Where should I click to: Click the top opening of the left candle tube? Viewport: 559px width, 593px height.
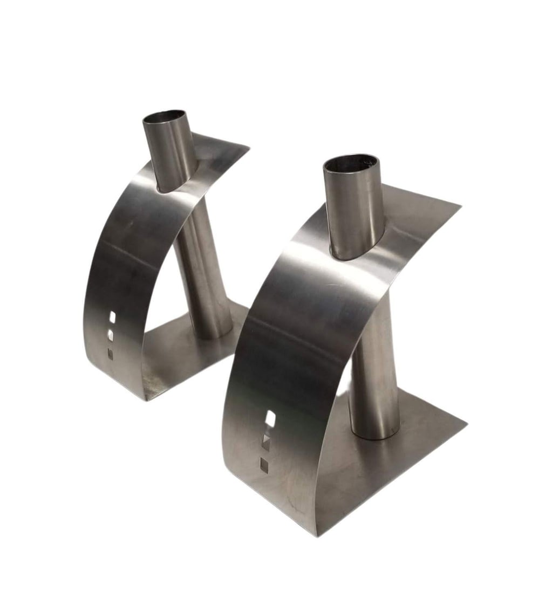point(166,118)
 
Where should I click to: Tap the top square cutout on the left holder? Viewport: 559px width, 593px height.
point(113,316)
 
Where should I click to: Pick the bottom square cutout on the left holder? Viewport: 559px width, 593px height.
point(111,354)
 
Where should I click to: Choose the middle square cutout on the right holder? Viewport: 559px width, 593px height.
point(266,441)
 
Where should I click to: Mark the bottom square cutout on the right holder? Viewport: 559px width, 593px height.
point(264,463)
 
